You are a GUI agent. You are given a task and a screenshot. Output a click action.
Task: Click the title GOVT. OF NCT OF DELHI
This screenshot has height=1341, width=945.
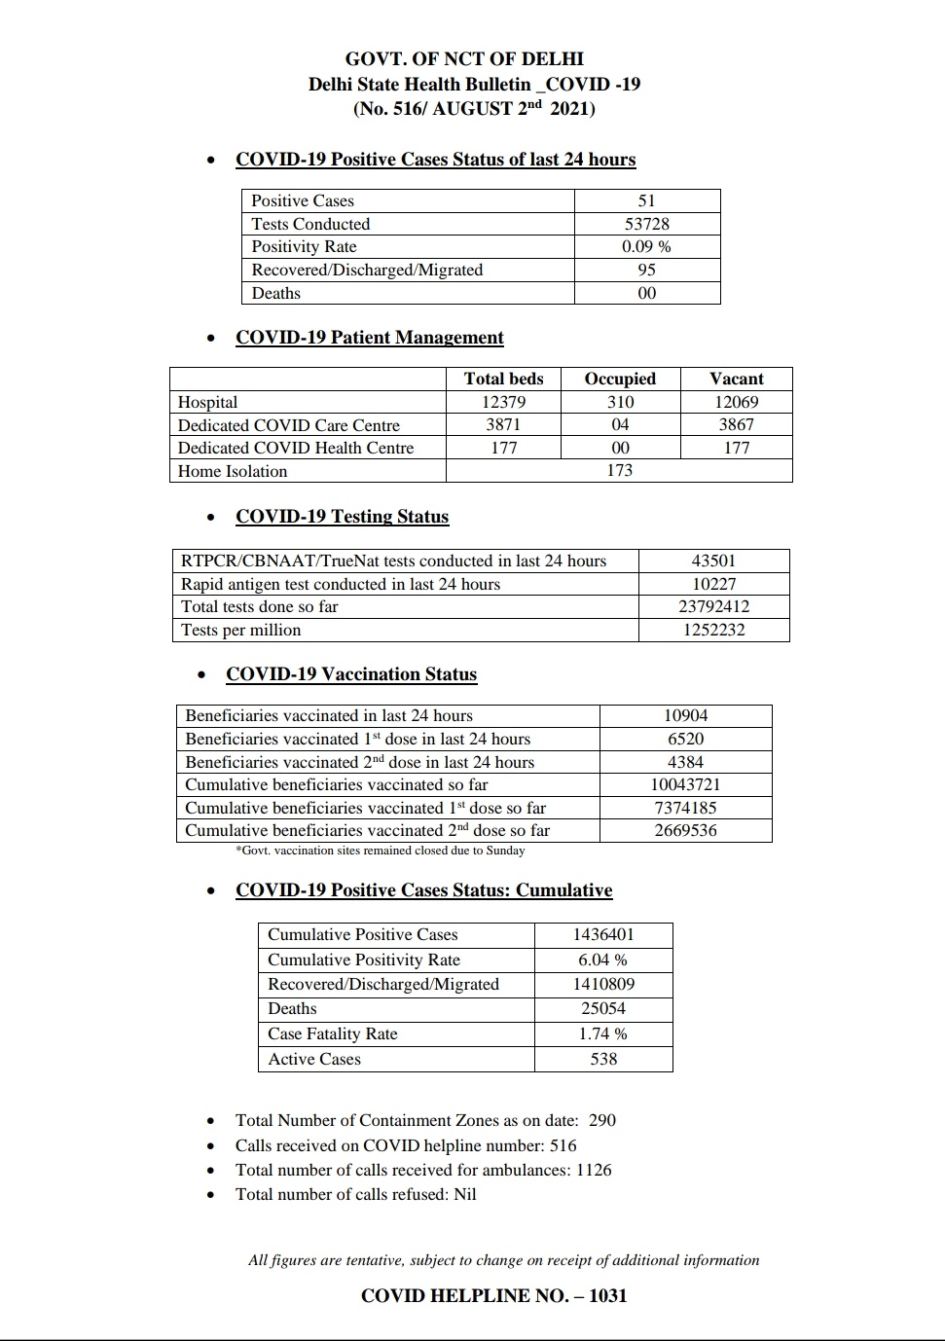coord(464,58)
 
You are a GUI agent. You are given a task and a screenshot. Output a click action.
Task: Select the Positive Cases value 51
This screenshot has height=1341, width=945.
coord(646,200)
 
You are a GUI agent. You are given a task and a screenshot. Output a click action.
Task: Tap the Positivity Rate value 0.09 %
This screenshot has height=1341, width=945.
coord(646,247)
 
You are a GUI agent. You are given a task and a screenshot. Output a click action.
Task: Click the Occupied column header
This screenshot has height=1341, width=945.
coord(620,379)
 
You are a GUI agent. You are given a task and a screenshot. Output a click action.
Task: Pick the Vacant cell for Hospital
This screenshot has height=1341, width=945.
coord(736,402)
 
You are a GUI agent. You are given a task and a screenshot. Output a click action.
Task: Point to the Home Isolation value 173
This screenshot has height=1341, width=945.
coord(619,471)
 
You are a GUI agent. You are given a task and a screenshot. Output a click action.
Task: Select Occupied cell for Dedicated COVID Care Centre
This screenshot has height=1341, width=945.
coord(620,425)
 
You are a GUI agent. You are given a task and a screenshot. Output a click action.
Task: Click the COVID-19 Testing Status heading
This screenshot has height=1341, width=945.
coord(342,517)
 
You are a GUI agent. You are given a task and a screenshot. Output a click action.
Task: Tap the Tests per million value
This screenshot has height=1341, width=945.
coord(713,630)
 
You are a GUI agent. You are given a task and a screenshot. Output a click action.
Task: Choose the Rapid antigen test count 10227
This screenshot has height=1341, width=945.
coord(713,584)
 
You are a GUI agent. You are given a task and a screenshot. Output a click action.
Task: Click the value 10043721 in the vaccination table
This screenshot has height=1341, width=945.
coord(685,784)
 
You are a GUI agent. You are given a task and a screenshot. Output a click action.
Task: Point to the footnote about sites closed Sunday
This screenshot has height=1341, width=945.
coord(380,851)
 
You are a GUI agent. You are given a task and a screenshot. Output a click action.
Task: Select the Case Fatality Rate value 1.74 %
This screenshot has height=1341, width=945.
coord(602,1033)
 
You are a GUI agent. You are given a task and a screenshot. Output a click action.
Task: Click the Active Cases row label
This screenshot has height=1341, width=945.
coord(314,1059)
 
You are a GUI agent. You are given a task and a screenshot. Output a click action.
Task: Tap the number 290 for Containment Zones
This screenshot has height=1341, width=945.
coord(601,1120)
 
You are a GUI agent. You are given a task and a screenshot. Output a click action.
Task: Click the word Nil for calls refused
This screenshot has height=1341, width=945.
coord(465,1194)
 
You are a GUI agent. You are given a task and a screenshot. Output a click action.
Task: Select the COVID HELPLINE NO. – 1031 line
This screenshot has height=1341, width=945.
coord(493,1295)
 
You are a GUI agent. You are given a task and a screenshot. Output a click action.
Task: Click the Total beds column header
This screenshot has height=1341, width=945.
coord(503,379)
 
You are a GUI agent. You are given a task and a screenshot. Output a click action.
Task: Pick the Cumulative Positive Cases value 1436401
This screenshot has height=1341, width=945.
coord(602,934)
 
